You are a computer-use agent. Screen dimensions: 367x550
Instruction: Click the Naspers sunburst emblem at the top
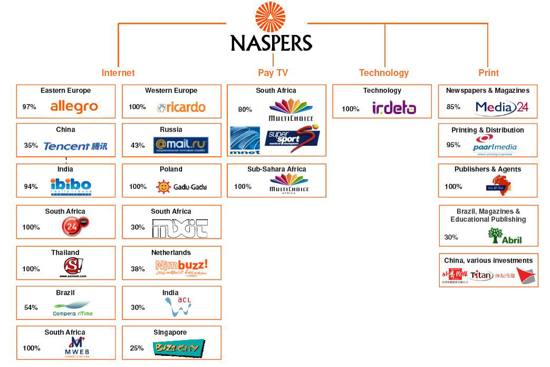click(271, 17)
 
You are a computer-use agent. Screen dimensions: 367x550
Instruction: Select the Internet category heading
click(118, 73)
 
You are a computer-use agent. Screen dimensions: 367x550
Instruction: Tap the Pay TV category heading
click(273, 73)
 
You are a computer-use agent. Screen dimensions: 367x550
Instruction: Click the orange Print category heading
click(488, 73)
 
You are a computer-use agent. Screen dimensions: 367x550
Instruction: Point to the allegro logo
click(74, 107)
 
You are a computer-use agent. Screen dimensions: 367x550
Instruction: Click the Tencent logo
click(75, 146)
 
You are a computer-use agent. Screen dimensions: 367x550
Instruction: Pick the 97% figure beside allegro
click(29, 107)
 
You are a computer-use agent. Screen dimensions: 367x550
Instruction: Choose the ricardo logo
click(181, 107)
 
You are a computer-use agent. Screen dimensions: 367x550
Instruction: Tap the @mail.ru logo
click(181, 145)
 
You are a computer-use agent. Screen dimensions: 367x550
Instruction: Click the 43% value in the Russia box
click(138, 145)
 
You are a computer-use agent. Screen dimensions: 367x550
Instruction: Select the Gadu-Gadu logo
click(181, 186)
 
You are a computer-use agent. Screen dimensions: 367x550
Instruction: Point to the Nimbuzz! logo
click(181, 268)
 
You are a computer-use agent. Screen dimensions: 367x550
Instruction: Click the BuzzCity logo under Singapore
click(179, 348)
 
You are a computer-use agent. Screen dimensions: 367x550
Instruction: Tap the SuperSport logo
click(292, 138)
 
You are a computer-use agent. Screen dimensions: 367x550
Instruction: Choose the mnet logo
click(245, 140)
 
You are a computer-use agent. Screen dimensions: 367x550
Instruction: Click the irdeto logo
click(394, 108)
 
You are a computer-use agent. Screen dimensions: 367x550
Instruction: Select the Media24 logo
click(501, 108)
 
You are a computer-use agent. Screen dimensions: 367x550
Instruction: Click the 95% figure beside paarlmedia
click(453, 145)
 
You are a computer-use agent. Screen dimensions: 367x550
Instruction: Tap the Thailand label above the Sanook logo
click(65, 252)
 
